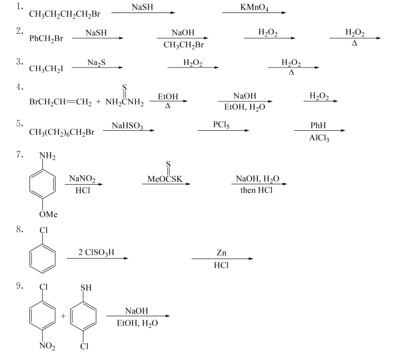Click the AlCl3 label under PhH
[x=318, y=138]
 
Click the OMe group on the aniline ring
[x=48, y=215]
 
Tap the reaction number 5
[x=19, y=123]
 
